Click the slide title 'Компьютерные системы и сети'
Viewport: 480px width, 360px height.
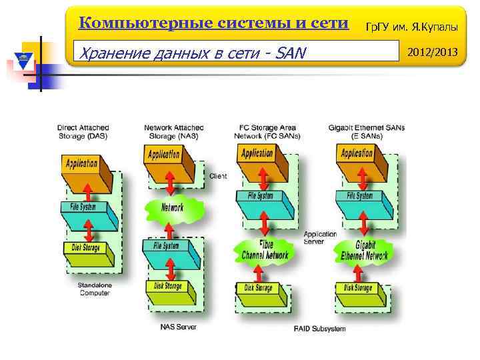click(x=213, y=23)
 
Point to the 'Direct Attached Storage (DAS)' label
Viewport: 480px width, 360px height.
click(x=83, y=131)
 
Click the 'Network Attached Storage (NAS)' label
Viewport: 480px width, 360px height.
click(x=174, y=131)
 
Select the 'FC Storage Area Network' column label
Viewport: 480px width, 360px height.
click(x=267, y=131)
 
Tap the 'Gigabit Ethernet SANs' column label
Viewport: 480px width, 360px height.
click(x=366, y=131)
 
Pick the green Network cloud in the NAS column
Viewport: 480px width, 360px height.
click(x=173, y=208)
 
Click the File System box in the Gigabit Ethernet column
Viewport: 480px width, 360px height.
click(x=359, y=198)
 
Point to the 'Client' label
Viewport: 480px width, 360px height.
click(x=218, y=176)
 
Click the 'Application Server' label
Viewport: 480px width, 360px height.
click(x=320, y=237)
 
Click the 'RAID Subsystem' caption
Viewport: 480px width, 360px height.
click(x=320, y=329)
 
